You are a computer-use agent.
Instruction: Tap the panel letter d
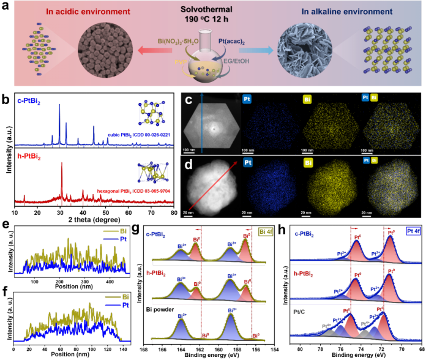click(x=189, y=164)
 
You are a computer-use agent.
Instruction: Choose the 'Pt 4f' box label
click(x=413, y=231)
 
